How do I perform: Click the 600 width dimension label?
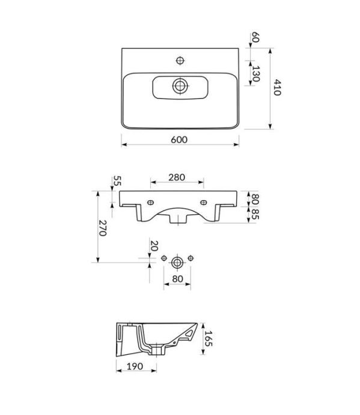(179, 140)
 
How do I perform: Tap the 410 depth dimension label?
(276, 87)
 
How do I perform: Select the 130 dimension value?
(255, 74)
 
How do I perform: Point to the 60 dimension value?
(255, 37)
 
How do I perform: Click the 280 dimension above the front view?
(177, 177)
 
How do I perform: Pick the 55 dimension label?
(117, 181)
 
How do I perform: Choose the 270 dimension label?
(102, 228)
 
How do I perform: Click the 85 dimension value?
(255, 214)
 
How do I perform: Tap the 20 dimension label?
(154, 246)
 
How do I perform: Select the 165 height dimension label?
(209, 339)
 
